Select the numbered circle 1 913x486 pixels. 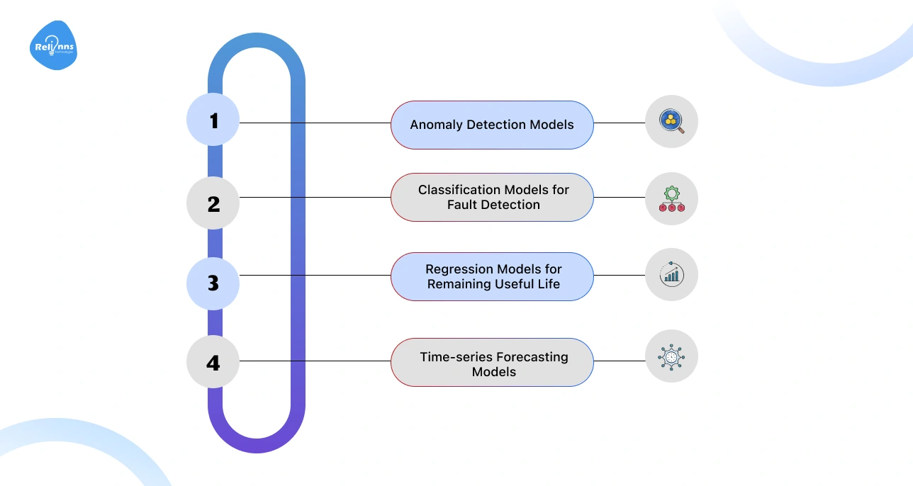pyautogui.click(x=213, y=120)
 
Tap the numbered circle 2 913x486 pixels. pyautogui.click(x=213, y=203)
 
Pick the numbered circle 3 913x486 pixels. pyautogui.click(x=213, y=283)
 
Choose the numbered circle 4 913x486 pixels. pyautogui.click(x=213, y=363)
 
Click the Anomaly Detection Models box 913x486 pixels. pyautogui.click(x=492, y=125)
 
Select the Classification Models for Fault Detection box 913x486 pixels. pyautogui.click(x=492, y=198)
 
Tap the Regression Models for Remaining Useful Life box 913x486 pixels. pyautogui.click(x=492, y=277)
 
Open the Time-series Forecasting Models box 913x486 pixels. pyautogui.click(x=492, y=363)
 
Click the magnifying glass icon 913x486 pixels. pyautogui.click(x=671, y=122)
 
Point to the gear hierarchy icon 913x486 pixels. pyautogui.click(x=671, y=199)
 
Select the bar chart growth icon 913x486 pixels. pyautogui.click(x=671, y=274)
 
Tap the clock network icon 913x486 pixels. pyautogui.click(x=671, y=356)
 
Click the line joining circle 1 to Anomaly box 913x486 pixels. pyautogui.click(x=315, y=123)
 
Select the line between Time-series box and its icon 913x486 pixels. pyautogui.click(x=619, y=361)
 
